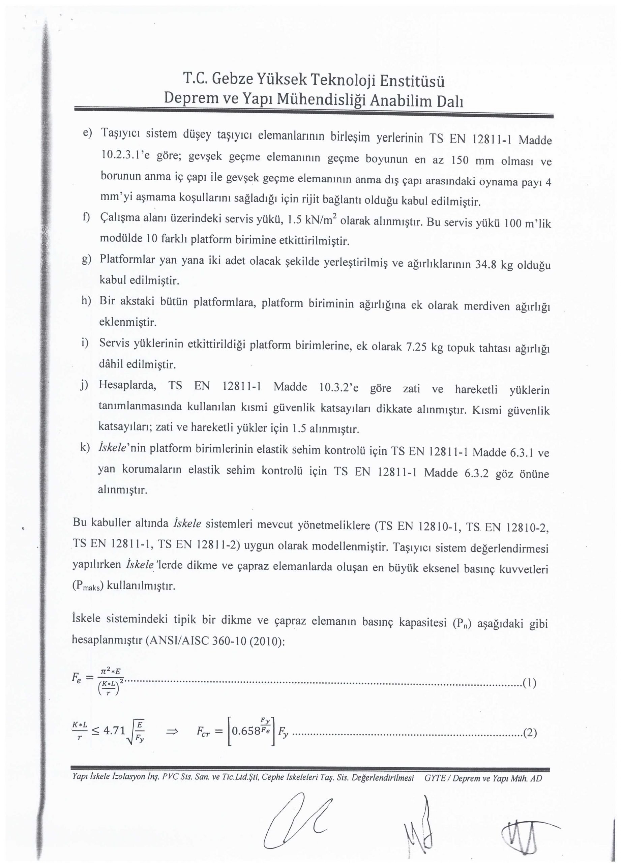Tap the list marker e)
coord(88,133)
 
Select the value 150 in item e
coord(460,160)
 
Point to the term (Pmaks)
coord(88,586)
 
